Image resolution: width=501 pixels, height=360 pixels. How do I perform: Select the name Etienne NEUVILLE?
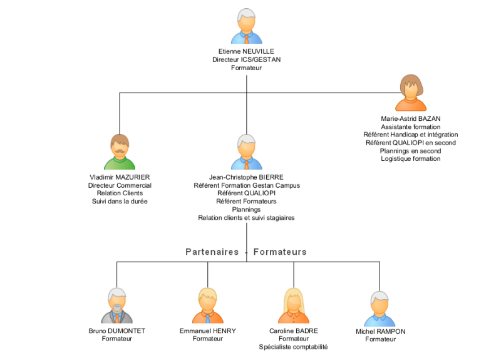click(246, 51)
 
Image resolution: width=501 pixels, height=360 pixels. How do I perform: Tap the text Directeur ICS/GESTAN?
click(246, 59)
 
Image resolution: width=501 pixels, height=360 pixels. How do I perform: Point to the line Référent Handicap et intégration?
click(411, 135)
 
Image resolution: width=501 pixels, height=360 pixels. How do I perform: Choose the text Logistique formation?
click(411, 159)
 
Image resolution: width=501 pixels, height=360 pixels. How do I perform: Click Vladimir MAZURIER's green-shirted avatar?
click(120, 152)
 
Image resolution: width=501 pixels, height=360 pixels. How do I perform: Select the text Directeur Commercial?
click(120, 185)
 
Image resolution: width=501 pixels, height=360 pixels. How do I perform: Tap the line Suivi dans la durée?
click(120, 202)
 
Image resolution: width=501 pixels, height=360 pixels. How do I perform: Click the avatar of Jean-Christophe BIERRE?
click(246, 152)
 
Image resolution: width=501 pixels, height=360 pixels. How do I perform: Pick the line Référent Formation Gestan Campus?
click(246, 185)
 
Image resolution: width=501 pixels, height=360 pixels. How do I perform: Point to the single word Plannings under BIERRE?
click(246, 210)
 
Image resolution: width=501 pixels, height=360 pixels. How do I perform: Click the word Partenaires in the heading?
click(212, 252)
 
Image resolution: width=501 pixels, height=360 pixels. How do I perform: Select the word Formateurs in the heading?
click(280, 252)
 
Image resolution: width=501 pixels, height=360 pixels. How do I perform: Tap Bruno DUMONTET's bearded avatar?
click(116, 306)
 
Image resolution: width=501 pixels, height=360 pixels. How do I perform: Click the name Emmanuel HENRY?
click(208, 331)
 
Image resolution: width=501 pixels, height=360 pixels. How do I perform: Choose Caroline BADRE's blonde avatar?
click(294, 306)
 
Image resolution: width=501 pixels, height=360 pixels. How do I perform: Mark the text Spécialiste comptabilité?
click(294, 347)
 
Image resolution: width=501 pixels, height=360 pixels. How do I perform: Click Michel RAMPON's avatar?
click(380, 309)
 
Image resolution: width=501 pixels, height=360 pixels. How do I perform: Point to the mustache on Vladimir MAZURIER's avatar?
click(120, 150)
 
